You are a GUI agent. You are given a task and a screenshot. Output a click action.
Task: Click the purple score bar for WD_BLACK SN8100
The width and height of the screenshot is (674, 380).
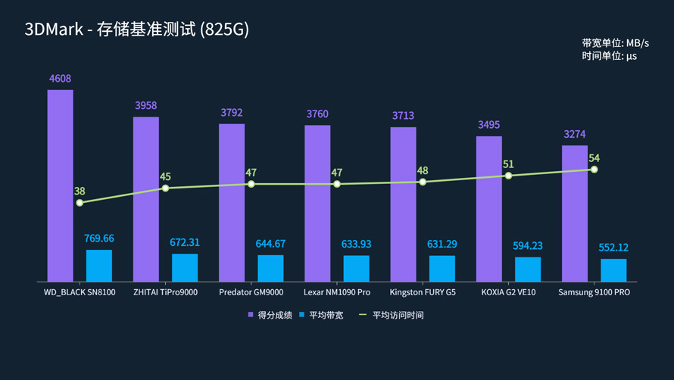(61, 185)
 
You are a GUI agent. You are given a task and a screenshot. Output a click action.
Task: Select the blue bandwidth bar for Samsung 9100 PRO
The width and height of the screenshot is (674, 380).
(613, 270)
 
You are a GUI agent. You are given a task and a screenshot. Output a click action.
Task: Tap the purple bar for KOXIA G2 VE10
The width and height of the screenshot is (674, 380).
(488, 209)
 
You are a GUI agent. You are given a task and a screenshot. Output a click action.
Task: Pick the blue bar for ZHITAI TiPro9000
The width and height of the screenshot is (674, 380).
(185, 267)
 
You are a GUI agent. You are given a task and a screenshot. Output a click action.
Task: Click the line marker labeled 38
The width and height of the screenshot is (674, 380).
(80, 203)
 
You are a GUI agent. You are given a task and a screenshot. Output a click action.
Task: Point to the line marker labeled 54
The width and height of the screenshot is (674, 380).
(594, 170)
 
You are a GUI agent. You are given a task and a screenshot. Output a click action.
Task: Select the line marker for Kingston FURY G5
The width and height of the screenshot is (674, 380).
(423, 182)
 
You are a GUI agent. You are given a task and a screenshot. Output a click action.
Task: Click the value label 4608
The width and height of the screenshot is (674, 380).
(60, 79)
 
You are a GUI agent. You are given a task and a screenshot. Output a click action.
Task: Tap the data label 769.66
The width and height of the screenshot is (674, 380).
(98, 238)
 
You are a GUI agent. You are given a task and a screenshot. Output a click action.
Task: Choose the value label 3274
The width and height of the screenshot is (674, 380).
(575, 134)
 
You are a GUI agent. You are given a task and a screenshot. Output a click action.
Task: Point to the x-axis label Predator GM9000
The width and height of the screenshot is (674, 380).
(251, 292)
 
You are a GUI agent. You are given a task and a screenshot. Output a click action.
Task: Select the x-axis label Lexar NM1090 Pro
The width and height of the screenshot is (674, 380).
(337, 292)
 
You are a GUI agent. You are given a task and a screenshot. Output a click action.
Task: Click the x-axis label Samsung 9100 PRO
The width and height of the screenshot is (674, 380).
(594, 292)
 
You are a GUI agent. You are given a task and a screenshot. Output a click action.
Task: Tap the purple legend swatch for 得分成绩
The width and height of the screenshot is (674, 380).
(251, 315)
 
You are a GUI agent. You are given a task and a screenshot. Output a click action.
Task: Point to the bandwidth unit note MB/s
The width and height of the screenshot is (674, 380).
(615, 43)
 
